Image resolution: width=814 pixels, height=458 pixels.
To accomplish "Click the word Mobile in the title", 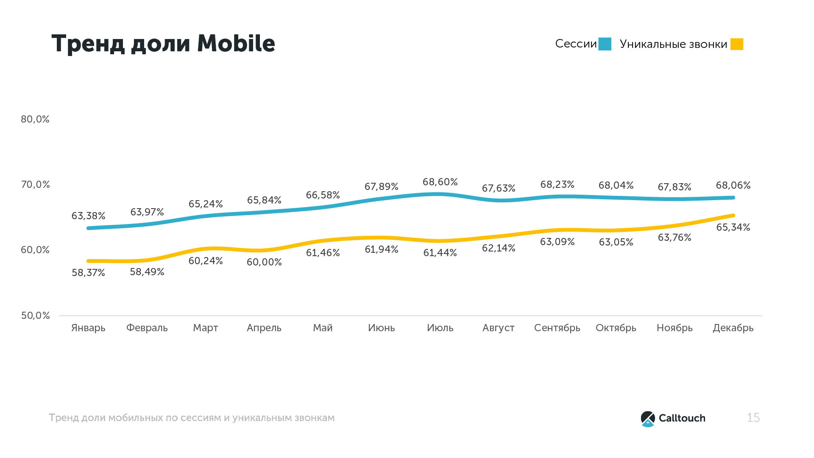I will (236, 43).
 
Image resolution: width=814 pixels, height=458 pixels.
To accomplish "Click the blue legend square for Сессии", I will (605, 44).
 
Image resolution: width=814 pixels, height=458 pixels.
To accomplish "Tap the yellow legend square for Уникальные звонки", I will (737, 44).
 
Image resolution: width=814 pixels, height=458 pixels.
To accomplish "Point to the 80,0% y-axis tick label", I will (35, 119).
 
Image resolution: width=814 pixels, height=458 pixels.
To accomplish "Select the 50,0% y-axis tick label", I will (36, 316).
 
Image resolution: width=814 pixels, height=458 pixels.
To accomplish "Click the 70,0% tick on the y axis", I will (36, 184).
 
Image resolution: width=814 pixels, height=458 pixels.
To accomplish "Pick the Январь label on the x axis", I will (88, 328).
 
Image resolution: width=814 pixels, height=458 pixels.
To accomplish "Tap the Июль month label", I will (440, 328).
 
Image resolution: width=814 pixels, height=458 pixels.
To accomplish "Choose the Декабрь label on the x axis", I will (733, 328).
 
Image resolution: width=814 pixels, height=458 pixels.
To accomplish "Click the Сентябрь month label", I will (557, 328).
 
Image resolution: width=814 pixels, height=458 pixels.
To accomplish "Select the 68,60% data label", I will (440, 182).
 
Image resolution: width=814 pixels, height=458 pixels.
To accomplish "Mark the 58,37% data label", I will (88, 273).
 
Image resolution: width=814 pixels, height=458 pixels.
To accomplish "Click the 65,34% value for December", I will (733, 227).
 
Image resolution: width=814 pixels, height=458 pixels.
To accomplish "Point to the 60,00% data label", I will (264, 262).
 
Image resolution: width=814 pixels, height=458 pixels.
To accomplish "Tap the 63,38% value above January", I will (88, 216).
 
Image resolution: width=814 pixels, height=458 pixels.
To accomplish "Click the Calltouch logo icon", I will (648, 419).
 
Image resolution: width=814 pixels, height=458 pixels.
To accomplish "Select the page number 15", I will (753, 418).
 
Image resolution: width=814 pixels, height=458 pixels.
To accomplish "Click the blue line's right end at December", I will (733, 198).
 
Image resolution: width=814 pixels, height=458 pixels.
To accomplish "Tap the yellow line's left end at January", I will (89, 261).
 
